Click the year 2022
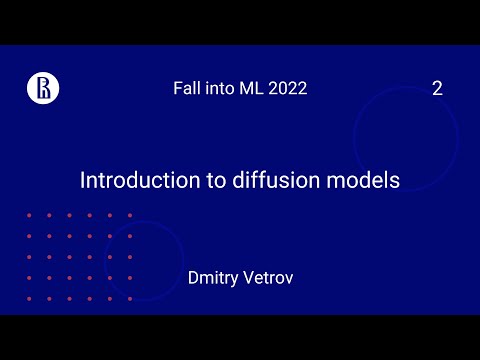tap(288, 88)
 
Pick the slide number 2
tap(437, 88)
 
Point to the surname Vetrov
tap(268, 276)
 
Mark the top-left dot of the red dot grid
tap(29, 215)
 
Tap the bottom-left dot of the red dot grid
tap(29, 298)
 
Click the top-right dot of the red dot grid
tap(130, 215)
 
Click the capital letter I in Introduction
tap(82, 181)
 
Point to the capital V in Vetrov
tap(248, 276)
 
